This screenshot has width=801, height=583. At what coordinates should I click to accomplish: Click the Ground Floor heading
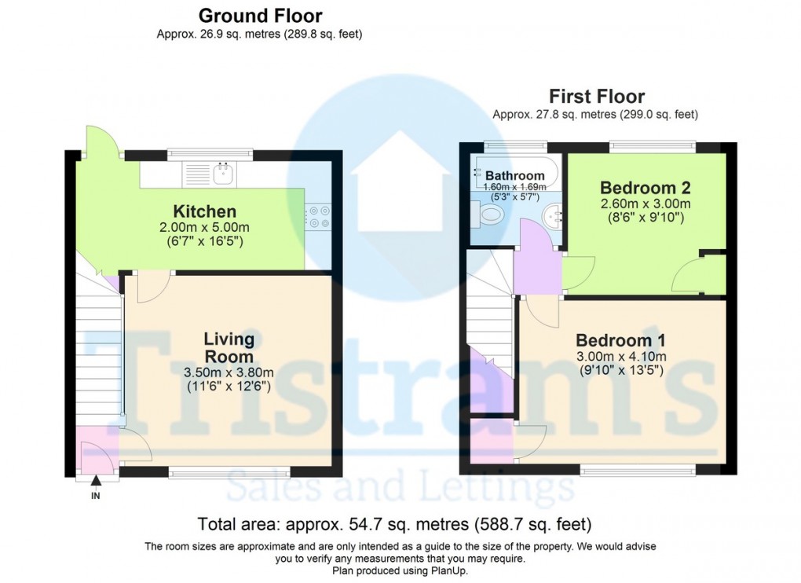point(260,16)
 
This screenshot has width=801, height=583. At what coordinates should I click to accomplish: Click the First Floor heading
point(596,97)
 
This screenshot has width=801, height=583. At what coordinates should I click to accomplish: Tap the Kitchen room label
point(204,211)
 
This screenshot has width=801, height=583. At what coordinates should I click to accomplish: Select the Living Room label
point(229,348)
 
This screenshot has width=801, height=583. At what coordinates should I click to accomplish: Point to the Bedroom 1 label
point(620,340)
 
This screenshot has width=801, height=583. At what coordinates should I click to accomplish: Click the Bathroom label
point(514,175)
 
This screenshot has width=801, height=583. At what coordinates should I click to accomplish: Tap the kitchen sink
point(223,174)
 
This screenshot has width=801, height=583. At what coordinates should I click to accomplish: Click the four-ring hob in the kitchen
point(317,217)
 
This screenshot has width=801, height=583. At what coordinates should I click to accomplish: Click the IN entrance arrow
point(96,481)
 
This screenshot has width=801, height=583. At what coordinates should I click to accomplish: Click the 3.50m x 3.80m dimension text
point(228,372)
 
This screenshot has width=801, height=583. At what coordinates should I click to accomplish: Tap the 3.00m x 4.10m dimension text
point(620,356)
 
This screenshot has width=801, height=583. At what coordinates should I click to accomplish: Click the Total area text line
point(394,524)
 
